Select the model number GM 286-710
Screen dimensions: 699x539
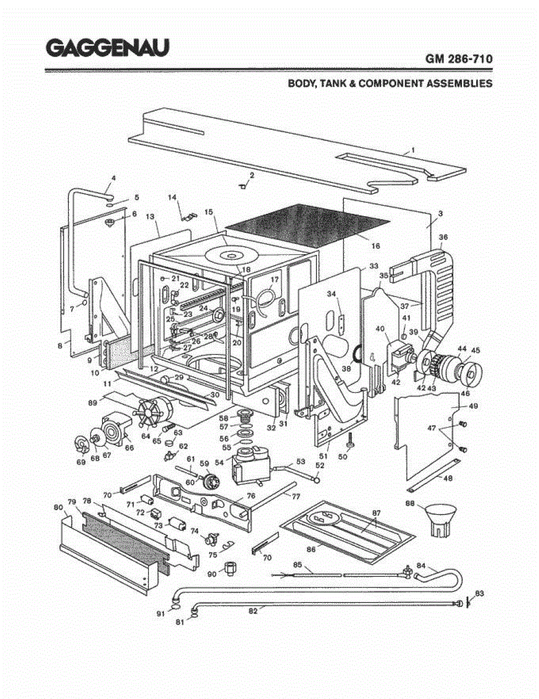coord(459,59)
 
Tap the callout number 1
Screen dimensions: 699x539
coord(413,150)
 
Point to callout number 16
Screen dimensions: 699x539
coord(376,246)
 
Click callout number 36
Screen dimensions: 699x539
coord(443,237)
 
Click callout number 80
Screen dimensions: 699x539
coord(58,507)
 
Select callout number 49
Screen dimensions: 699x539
coord(472,406)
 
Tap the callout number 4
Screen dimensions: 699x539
coord(114,178)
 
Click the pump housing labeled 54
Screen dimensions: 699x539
coord(249,464)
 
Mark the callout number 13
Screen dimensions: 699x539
coord(150,217)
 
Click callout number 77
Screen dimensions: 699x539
coord(295,496)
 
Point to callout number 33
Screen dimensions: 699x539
coord(374,266)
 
